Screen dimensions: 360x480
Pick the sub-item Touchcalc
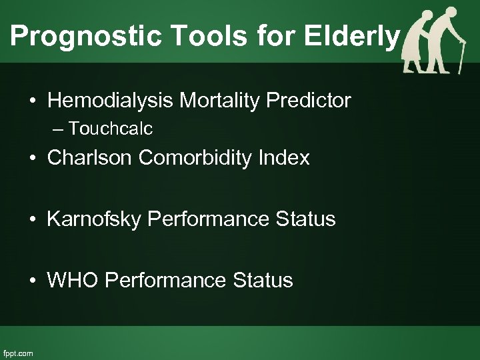coord(110,127)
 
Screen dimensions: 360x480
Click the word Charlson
coord(87,158)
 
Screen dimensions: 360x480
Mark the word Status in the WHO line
coord(265,280)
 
